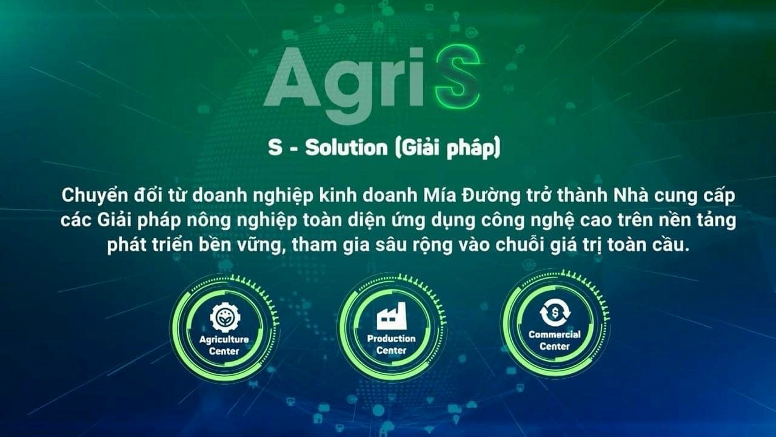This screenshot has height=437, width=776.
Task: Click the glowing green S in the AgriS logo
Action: tap(457, 78)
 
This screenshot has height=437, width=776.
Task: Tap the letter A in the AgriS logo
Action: tap(293, 77)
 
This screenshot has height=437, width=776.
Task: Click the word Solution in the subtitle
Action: tap(346, 147)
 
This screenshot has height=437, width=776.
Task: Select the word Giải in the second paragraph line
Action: tap(115, 220)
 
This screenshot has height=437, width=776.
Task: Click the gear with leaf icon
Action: tap(225, 317)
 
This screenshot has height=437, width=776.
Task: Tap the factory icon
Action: tap(392, 316)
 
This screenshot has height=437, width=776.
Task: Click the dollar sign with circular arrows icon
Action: tap(555, 313)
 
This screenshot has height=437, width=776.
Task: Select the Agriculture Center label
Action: tap(224, 345)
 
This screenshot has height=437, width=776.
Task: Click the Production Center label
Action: tap(392, 344)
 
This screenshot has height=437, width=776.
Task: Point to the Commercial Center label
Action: tap(555, 340)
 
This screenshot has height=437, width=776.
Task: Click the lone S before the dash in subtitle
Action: tap(275, 147)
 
